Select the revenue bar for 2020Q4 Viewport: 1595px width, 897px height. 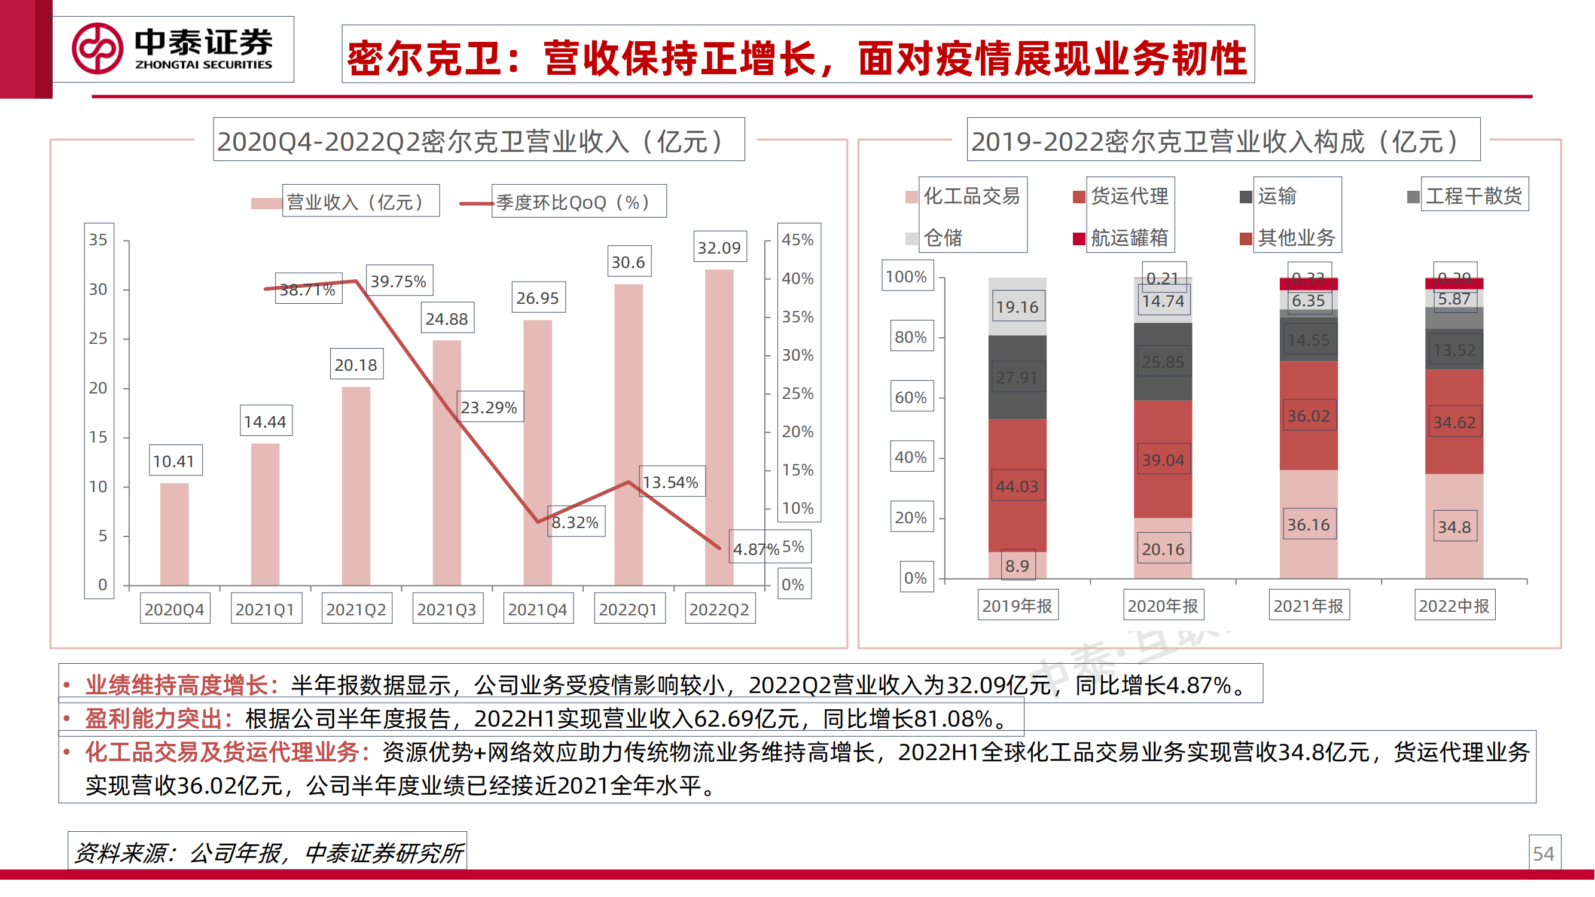pos(174,533)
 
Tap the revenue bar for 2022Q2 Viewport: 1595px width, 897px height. pos(719,427)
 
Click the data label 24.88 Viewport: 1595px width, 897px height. pos(447,319)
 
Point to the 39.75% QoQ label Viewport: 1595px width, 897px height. pos(399,282)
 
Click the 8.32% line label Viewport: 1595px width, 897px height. pos(575,523)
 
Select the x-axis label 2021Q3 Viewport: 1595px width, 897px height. pos(447,610)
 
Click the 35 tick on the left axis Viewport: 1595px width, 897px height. pos(99,240)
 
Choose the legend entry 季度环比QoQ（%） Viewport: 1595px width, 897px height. pos(573,203)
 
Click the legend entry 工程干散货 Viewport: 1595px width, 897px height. pos(1473,196)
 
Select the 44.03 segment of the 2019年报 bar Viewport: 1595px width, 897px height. pos(1017,487)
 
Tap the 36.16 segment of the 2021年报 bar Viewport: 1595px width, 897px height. pos(1308,525)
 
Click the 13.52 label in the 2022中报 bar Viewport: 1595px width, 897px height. pos(1454,350)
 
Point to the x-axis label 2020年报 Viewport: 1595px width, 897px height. pos(1162,606)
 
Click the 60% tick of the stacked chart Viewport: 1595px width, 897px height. pos(911,398)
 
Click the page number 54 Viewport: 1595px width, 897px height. pos(1543,855)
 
